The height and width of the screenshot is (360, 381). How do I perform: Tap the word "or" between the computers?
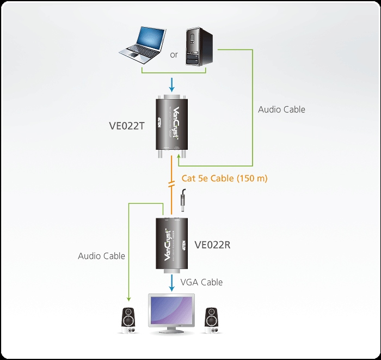tap(174, 55)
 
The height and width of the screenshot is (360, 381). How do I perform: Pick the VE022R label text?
tap(212, 245)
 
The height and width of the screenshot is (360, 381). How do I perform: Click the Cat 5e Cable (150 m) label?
tap(224, 178)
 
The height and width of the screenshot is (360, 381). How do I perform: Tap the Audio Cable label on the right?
tap(281, 109)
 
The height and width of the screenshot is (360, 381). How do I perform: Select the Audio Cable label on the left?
tap(101, 255)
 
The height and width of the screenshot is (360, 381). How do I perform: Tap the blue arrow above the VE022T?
tap(172, 85)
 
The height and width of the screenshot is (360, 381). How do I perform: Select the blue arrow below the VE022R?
tap(172, 283)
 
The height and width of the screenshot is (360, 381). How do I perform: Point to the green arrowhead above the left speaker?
tap(129, 298)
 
